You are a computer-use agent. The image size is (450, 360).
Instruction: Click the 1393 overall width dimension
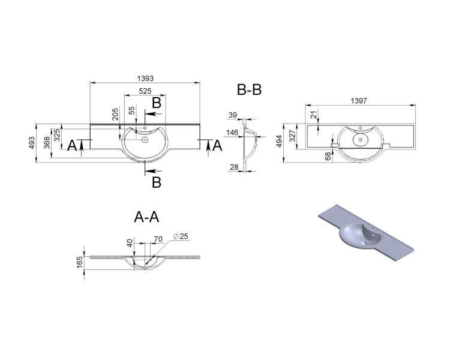pyautogui.click(x=146, y=78)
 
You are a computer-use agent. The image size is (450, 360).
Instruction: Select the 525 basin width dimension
pyautogui.click(x=145, y=91)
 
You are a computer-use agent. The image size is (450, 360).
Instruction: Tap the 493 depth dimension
pyautogui.click(x=32, y=143)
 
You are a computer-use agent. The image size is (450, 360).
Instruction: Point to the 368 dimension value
pyautogui.click(x=47, y=143)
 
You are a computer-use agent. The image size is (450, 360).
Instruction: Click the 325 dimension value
pyautogui.click(x=57, y=135)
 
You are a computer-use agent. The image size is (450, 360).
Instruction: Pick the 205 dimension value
pyautogui.click(x=115, y=114)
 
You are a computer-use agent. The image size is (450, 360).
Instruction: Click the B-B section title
pyautogui.click(x=249, y=89)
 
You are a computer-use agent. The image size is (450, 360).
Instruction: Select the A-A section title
pyautogui.click(x=146, y=217)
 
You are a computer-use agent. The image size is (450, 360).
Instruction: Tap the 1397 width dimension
pyautogui.click(x=359, y=101)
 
